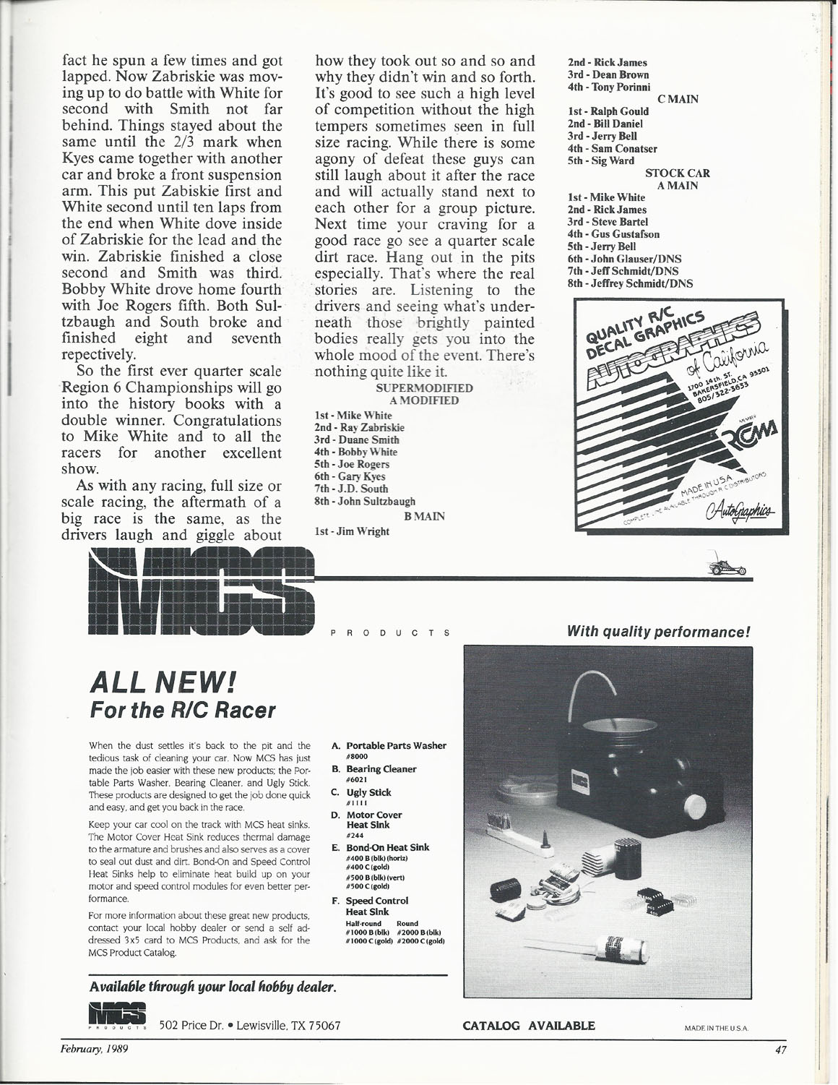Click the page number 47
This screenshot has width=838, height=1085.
coord(778,1050)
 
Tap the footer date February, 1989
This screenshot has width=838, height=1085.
coord(94,1050)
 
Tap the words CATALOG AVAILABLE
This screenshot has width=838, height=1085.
coord(529,1025)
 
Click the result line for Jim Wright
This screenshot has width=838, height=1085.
coord(353,531)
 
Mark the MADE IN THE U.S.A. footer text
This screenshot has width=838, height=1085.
coord(717,1026)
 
